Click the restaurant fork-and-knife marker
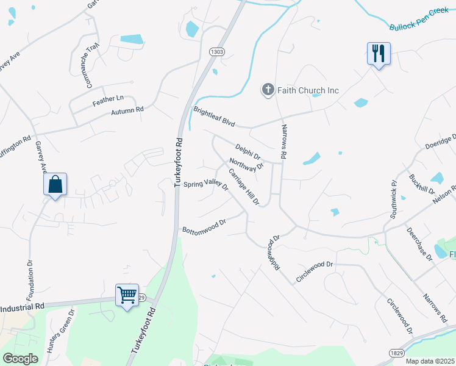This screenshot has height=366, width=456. click(379, 54)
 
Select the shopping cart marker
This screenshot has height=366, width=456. click(127, 295)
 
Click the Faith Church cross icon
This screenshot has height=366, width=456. click(268, 90)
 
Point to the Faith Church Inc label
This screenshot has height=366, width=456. click(308, 90)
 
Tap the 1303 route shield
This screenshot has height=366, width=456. click(216, 52)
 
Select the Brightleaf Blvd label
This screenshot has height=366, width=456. click(215, 117)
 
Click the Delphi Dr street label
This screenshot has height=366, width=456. click(248, 151)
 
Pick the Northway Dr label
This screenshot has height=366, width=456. click(246, 165)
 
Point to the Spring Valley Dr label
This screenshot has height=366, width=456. click(205, 184)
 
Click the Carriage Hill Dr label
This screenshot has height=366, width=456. click(244, 187)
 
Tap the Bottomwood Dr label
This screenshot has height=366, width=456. click(204, 225)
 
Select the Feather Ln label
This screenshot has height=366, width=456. click(108, 98)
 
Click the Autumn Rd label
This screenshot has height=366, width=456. click(127, 111)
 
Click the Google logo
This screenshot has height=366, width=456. click(20, 359)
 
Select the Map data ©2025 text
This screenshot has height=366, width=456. click(429, 361)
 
